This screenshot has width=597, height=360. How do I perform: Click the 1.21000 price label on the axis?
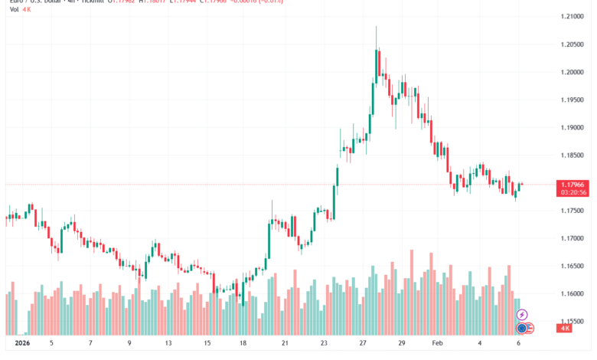coord(572,17)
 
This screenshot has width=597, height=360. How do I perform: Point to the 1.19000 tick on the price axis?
coord(572,128)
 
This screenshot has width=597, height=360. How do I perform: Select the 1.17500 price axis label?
coord(572,211)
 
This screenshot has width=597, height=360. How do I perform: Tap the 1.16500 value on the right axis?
coord(572,267)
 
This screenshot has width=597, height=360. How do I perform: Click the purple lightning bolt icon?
coord(522,314)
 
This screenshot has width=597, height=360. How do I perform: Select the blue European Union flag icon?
coord(521,328)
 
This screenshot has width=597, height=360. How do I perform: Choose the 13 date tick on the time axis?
coord(168,344)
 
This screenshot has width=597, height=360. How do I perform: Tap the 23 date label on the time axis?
coord(325,344)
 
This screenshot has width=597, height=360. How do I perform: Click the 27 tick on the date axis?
coord(364,344)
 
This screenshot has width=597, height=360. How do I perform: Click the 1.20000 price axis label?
coord(572,73)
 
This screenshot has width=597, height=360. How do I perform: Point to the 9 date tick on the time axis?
coord(129,344)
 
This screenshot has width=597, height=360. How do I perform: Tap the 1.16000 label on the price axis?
coord(572,294)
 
